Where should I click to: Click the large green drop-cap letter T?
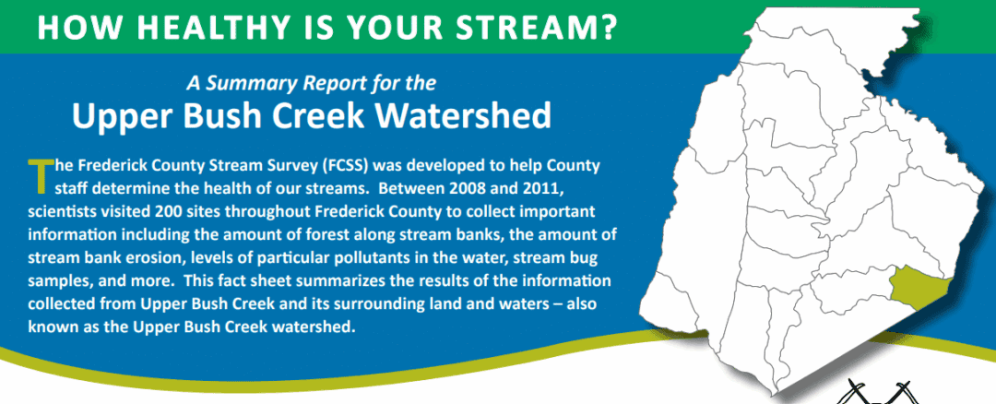[x=40, y=176]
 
